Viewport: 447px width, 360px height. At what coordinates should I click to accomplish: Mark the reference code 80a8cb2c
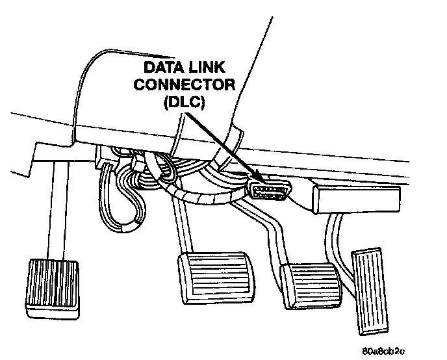point(383,352)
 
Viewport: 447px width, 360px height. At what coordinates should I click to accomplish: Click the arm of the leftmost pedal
point(59,214)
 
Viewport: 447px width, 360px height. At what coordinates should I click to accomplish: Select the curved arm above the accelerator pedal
point(338,234)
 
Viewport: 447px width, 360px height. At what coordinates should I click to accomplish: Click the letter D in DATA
point(148,67)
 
